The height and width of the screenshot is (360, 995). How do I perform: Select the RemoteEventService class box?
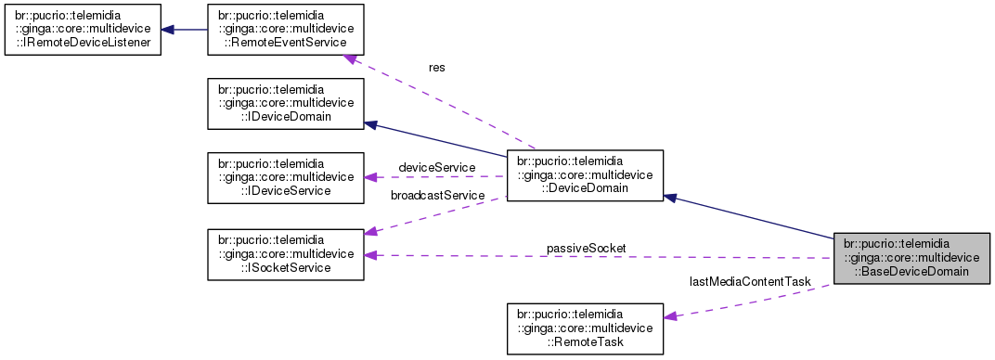click(285, 29)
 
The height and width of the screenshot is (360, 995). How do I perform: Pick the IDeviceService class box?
click(285, 177)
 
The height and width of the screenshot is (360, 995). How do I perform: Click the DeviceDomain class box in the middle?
click(583, 175)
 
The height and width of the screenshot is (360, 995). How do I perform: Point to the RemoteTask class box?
click(585, 328)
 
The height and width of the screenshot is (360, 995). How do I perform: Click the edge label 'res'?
click(436, 68)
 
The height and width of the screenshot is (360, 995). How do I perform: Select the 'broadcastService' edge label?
click(437, 196)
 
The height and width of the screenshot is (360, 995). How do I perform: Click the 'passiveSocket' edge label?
click(586, 248)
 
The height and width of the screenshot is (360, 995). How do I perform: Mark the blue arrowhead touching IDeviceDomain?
click(370, 123)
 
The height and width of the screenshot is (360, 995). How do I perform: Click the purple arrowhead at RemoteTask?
click(670, 316)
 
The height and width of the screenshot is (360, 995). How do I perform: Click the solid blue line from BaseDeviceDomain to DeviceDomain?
click(752, 217)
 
